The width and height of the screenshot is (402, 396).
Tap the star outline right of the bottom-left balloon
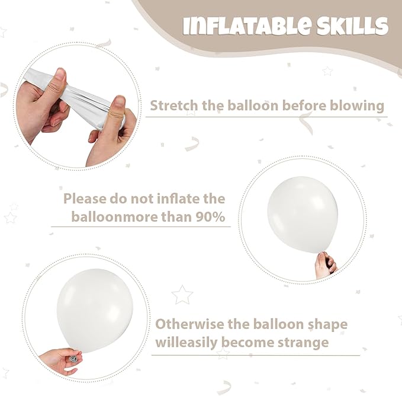click(182, 295)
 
